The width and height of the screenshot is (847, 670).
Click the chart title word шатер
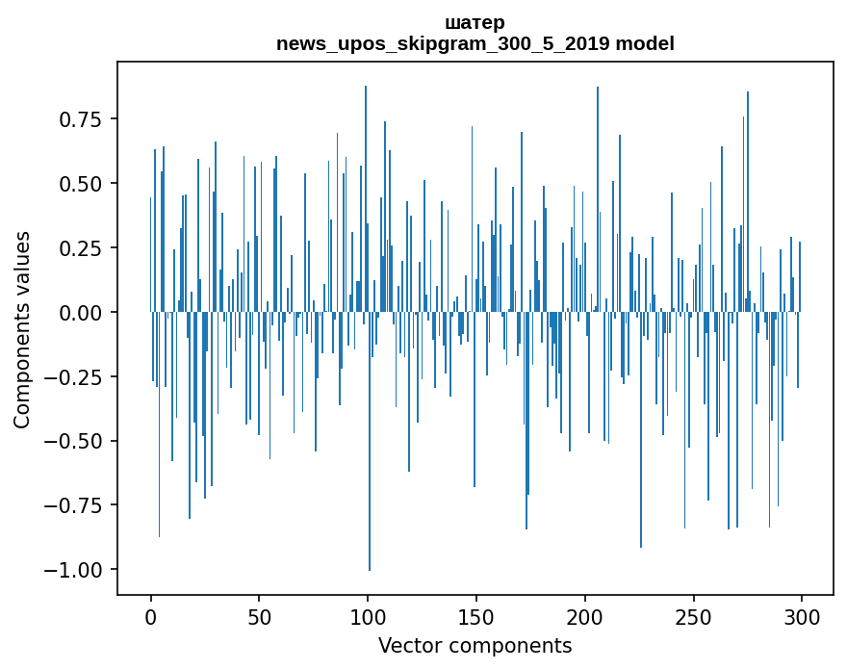tap(475, 22)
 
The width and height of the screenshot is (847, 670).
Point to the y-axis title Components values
tap(22, 329)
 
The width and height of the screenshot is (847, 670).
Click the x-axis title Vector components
tap(475, 646)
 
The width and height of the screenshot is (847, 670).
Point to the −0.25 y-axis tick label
tap(75, 376)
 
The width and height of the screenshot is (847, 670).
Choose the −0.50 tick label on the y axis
tap(75, 441)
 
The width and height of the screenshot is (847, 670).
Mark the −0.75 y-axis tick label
tap(75, 505)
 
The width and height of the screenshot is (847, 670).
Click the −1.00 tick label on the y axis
tap(75, 570)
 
